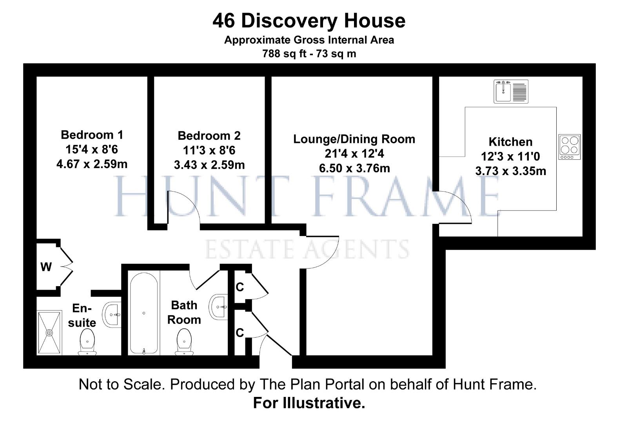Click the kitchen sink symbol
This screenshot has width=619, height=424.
(x=511, y=91)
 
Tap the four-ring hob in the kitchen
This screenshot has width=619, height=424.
(x=569, y=147)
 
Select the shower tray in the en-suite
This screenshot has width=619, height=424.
(x=49, y=333)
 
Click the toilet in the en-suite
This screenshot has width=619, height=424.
(x=87, y=341)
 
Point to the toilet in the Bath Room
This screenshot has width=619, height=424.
(x=184, y=341)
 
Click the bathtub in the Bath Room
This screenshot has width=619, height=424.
(x=144, y=313)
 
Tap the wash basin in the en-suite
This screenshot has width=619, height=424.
(x=112, y=314)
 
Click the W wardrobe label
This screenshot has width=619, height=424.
(x=46, y=267)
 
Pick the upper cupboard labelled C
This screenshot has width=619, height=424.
(x=240, y=287)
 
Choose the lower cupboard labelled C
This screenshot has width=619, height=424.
(x=240, y=333)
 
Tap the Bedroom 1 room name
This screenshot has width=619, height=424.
(x=92, y=135)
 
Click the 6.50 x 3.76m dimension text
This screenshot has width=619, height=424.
(x=354, y=168)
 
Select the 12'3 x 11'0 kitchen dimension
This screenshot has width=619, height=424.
(x=510, y=157)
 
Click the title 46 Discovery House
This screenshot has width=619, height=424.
(x=309, y=20)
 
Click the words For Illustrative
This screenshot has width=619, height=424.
(x=309, y=403)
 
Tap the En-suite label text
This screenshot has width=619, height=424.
(x=82, y=315)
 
